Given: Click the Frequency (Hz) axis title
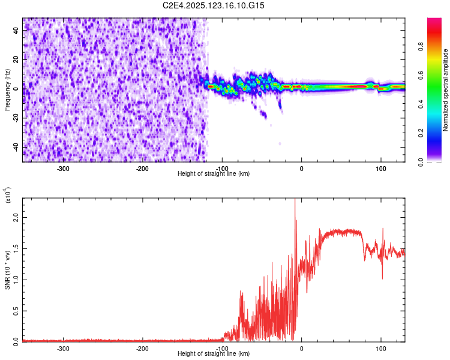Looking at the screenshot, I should [7, 90].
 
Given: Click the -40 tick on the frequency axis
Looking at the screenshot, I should [16, 147].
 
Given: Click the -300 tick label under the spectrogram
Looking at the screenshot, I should [64, 169].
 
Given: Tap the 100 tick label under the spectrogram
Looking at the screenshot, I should [380, 169].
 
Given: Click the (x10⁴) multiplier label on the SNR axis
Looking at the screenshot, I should [8, 196].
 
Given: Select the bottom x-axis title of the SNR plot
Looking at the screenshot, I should [214, 354].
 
